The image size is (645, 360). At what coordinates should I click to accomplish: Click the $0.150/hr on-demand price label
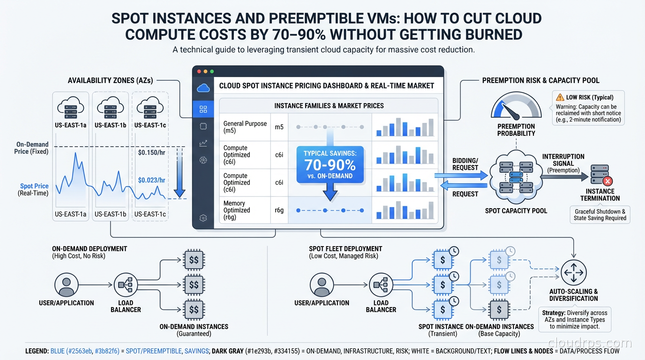pyautogui.click(x=152, y=152)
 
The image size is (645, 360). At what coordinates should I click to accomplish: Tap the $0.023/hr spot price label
pyautogui.click(x=152, y=180)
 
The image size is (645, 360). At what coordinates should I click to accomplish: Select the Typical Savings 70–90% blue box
pyautogui.click(x=330, y=165)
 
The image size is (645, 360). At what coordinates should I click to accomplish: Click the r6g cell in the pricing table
pyautogui.click(x=279, y=210)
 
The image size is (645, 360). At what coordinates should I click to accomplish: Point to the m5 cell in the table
pyautogui.click(x=279, y=127)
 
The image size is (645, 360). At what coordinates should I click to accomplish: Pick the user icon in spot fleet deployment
pyautogui.click(x=322, y=285)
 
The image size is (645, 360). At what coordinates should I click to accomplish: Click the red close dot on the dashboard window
pyautogui.click(x=199, y=71)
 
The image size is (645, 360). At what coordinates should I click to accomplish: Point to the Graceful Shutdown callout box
pyautogui.click(x=600, y=215)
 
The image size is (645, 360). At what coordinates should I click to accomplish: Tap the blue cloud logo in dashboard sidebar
pyautogui.click(x=203, y=88)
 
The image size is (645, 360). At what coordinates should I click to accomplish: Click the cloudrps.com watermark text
pyautogui.click(x=590, y=343)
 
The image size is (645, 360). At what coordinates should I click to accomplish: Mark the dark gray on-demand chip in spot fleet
pyautogui.click(x=499, y=310)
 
